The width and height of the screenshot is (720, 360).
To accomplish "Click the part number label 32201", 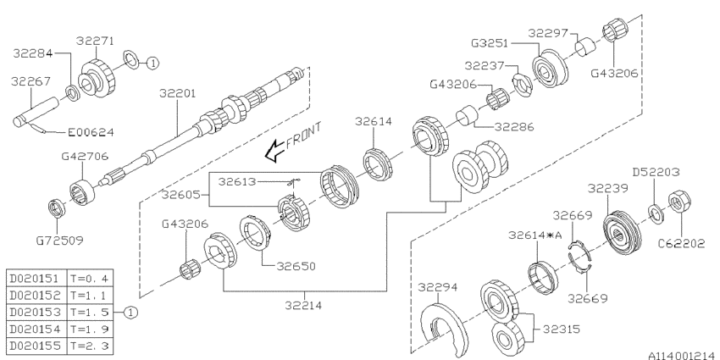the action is tap(178, 93).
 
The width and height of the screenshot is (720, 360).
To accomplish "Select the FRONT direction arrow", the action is tap(274, 151).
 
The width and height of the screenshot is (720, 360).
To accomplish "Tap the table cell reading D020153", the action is tap(35, 313).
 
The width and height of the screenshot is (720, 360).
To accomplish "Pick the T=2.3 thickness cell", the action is tap(90, 345).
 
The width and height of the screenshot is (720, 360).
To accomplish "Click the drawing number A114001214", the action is tap(684, 356).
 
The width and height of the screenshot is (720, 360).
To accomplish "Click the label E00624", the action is tap(91, 133).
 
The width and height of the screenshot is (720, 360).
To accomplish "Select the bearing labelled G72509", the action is tap(57, 208).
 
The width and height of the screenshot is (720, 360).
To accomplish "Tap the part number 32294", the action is tap(438, 287).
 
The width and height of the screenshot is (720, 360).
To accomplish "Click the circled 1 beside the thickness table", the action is tap(130, 313).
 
